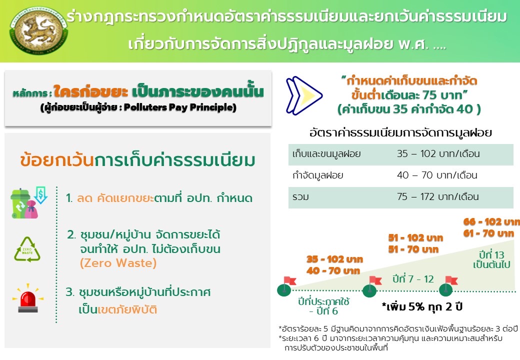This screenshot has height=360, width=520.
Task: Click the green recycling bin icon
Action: pos(20,203)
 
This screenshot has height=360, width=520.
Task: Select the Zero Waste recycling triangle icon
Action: pos(27,249)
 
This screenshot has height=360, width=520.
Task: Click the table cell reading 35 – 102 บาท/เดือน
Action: pos(438,154)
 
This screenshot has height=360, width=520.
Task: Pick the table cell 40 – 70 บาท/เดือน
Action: pos(437,175)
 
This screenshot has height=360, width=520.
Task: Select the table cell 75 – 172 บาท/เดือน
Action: pos(438,197)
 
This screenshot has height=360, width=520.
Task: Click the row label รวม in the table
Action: pos(301,197)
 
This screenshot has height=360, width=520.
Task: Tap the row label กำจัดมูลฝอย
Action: pos(317,175)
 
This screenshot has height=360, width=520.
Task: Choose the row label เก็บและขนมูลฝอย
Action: pos(326,154)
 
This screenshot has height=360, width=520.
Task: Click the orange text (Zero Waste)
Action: pos(118,263)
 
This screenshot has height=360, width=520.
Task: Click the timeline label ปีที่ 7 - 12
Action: pos(413,279)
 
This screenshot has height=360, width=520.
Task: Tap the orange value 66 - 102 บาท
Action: pos(491,222)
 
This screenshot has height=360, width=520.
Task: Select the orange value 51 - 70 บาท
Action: pos(413,249)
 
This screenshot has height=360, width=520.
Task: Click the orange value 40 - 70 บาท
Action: pos(333,271)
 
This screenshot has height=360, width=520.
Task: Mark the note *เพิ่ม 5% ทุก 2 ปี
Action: pos(422,306)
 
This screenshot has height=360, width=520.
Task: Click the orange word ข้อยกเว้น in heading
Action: pos(57,160)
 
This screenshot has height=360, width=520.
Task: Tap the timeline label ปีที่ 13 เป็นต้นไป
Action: pos(491,260)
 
